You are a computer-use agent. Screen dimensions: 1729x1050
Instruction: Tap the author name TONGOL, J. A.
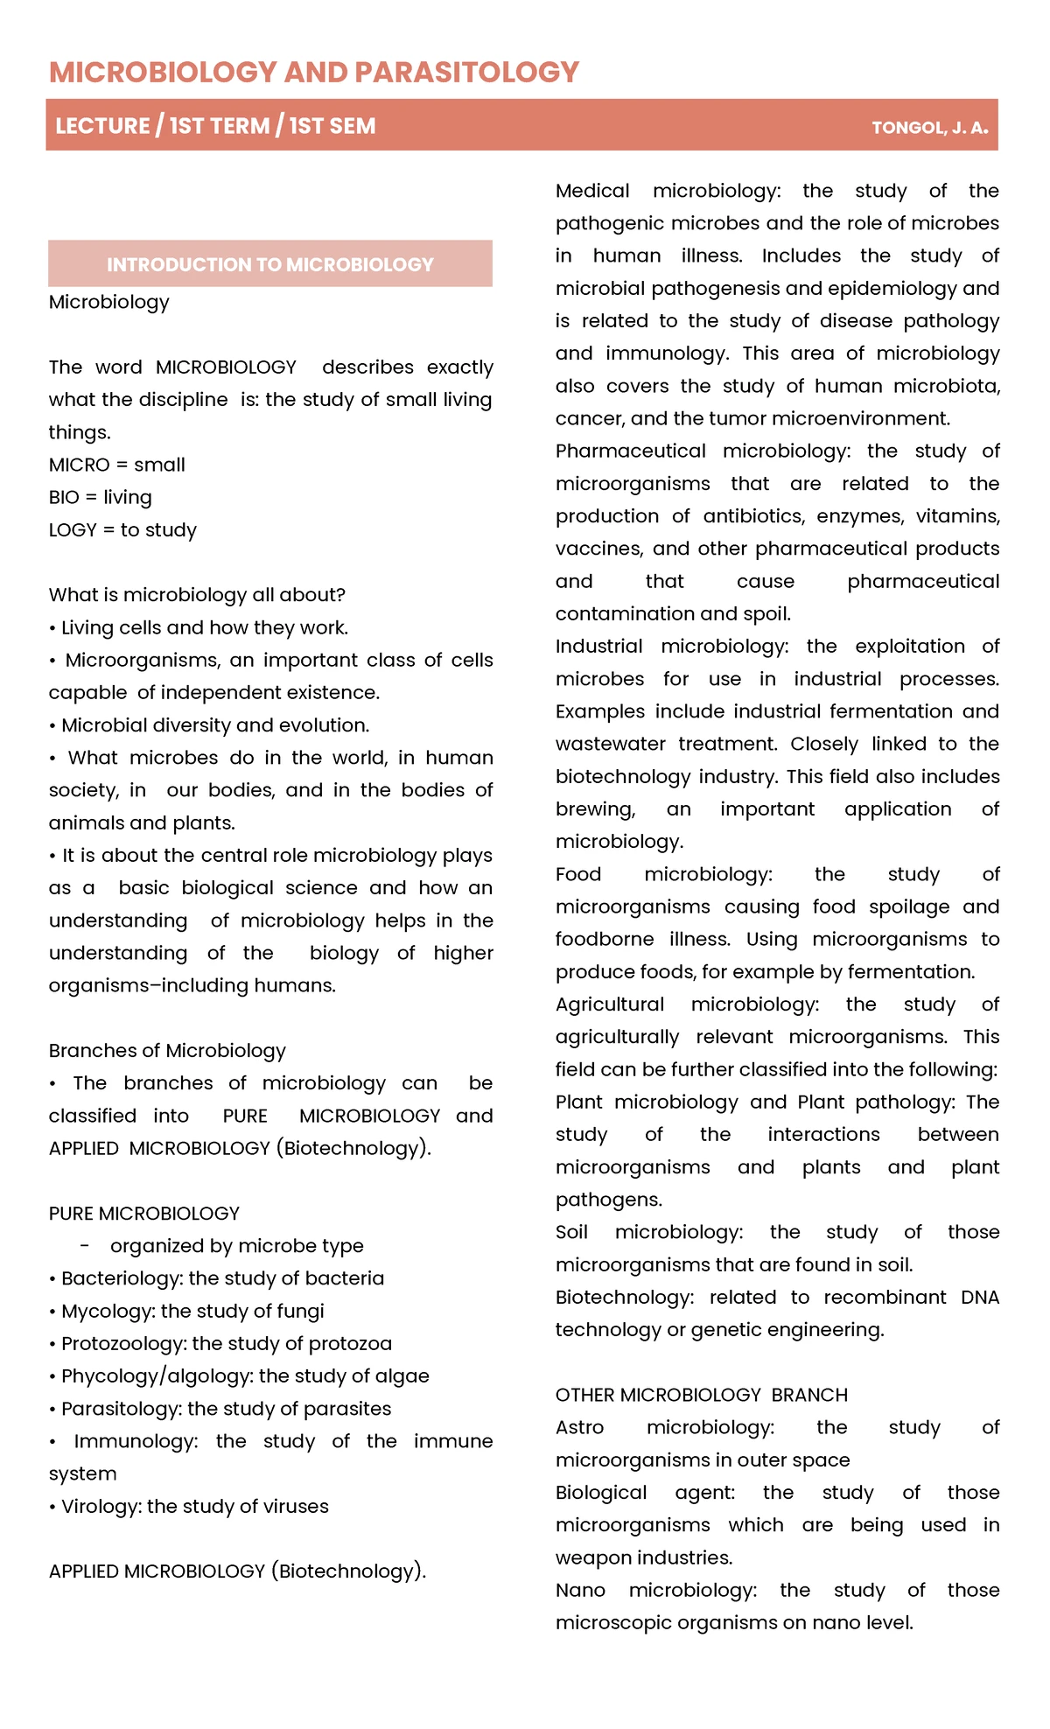click(929, 128)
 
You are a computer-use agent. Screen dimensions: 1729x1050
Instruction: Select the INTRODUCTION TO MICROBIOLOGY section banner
click(269, 264)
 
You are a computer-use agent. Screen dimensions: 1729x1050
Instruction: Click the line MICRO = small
click(116, 465)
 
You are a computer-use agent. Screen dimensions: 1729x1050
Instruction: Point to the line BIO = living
click(100, 497)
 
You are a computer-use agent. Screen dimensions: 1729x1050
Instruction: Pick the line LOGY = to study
click(122, 529)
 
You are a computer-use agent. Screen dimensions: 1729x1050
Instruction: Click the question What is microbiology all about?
click(197, 595)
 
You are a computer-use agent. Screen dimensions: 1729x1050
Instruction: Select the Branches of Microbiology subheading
click(167, 1050)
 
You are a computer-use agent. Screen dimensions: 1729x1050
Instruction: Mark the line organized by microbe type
click(236, 1245)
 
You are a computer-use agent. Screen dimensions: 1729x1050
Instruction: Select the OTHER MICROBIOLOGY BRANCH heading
click(701, 1395)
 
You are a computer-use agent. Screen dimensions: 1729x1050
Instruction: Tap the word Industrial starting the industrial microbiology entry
click(598, 646)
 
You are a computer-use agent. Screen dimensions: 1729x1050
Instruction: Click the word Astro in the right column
click(579, 1427)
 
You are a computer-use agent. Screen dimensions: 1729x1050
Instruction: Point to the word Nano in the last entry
click(580, 1590)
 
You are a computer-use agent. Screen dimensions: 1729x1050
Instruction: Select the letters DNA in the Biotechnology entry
click(979, 1297)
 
